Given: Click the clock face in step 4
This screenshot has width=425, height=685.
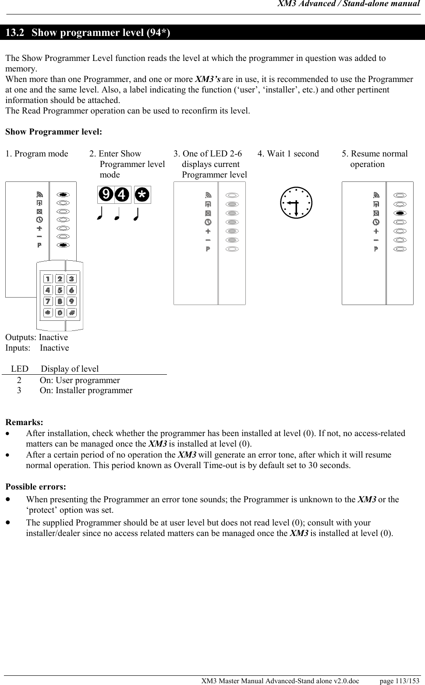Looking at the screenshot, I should click(x=297, y=202).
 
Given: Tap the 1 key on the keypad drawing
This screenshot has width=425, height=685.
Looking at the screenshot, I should click(x=48, y=279).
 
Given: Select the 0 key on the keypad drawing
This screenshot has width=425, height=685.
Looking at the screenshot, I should click(x=60, y=312).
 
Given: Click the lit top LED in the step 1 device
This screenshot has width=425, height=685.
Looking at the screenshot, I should click(x=63, y=194).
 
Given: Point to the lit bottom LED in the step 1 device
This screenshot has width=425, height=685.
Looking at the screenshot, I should click(x=63, y=245).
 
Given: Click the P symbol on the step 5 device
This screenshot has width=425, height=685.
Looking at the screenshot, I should click(x=376, y=249).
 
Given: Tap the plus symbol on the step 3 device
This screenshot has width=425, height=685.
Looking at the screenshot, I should click(x=208, y=231).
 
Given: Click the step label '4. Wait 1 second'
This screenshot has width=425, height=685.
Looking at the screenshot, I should click(x=288, y=154).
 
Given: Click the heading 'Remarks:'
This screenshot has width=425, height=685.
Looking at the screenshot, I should click(x=24, y=422).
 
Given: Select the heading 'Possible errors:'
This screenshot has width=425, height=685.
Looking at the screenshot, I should click(x=36, y=487).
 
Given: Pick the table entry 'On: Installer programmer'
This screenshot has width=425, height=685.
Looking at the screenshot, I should click(x=86, y=390).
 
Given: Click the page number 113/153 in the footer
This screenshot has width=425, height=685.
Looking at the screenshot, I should click(x=400, y=681).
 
